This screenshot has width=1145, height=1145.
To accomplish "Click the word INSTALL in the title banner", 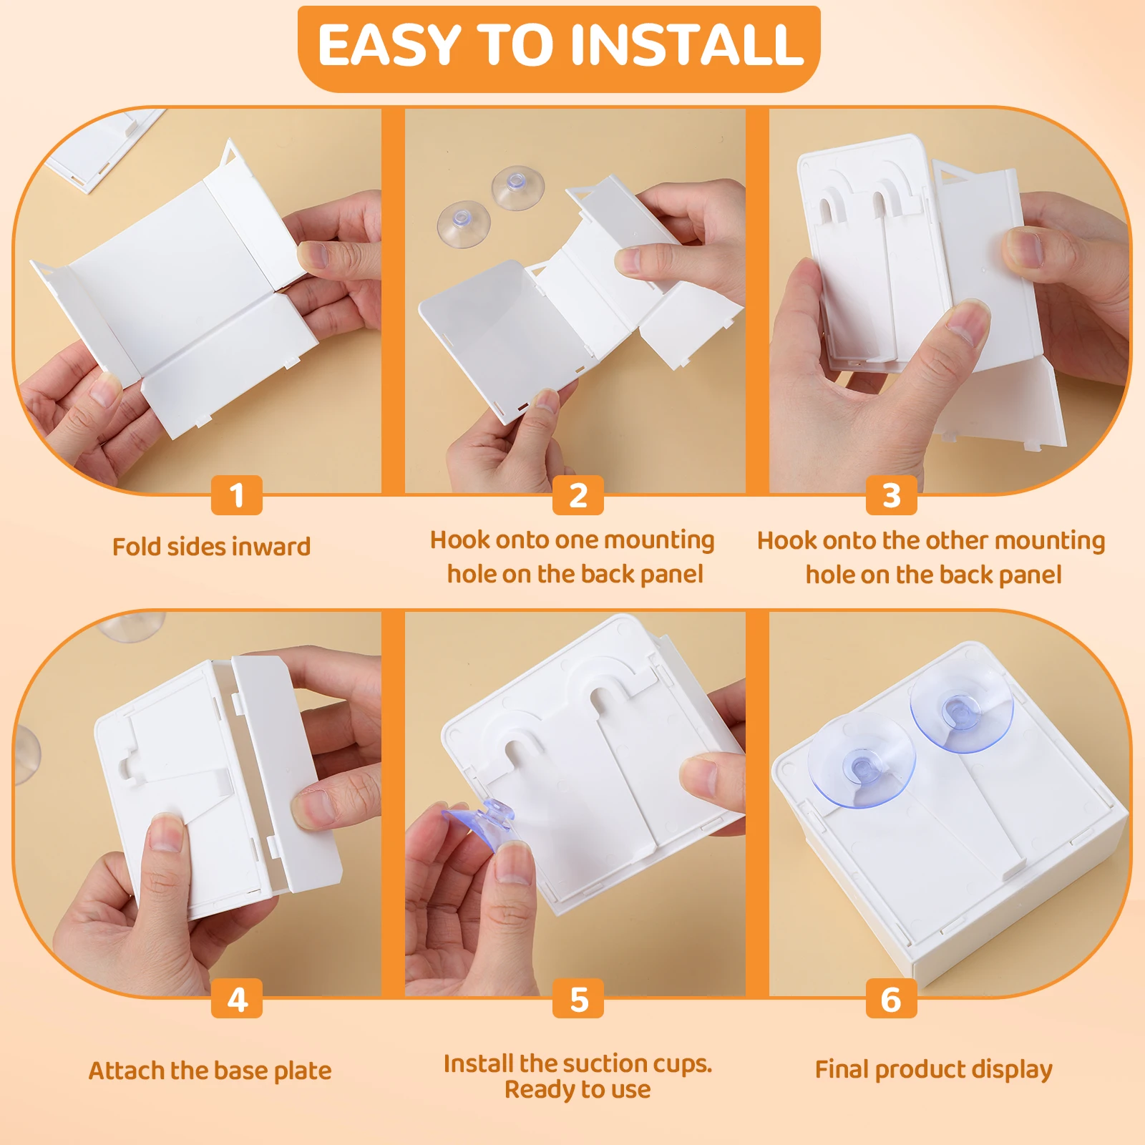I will pyautogui.click(x=686, y=45).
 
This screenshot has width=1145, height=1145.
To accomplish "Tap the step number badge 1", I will pyautogui.click(x=237, y=495).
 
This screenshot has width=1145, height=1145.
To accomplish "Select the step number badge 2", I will pyautogui.click(x=578, y=495).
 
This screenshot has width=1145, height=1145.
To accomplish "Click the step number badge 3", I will pyautogui.click(x=891, y=495).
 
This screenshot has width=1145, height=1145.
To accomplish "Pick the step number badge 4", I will pyautogui.click(x=237, y=999).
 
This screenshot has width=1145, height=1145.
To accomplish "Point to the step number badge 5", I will pyautogui.click(x=578, y=999).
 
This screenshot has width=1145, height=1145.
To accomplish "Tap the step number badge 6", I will pyautogui.click(x=891, y=999).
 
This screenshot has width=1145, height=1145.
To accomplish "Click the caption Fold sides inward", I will pyautogui.click(x=211, y=547).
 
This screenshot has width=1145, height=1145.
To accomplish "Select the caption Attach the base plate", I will pyautogui.click(x=210, y=1071).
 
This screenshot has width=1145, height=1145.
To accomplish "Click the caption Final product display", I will pyautogui.click(x=933, y=1069).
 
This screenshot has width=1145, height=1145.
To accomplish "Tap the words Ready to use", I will pyautogui.click(x=578, y=1090).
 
